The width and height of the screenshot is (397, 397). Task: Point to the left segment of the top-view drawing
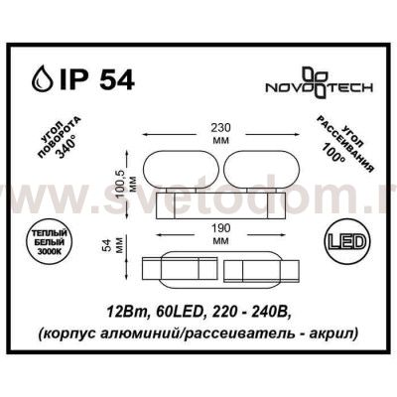pyautogui.click(x=177, y=268)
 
